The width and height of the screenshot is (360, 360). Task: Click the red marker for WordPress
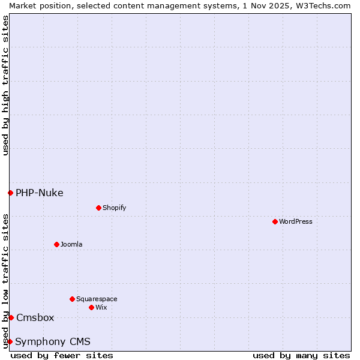click(x=275, y=221)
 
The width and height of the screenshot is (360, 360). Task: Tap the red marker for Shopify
click(x=98, y=208)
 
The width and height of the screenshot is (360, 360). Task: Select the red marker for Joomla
click(x=56, y=244)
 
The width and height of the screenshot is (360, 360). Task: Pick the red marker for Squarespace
click(x=72, y=299)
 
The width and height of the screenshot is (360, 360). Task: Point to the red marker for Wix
click(x=91, y=307)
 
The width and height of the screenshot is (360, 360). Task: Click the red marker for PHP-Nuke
click(x=10, y=193)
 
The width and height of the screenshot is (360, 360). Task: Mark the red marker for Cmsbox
click(x=11, y=317)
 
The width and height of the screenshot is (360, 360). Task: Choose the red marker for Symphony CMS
click(x=10, y=341)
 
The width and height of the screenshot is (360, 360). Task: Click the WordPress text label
click(x=296, y=221)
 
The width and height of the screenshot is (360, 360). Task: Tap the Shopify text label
click(x=115, y=208)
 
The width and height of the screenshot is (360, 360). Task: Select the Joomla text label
click(x=71, y=244)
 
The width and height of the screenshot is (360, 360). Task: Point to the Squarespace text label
click(x=97, y=299)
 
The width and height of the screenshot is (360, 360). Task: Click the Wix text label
click(x=101, y=307)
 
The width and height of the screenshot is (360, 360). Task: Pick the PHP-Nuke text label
click(x=40, y=193)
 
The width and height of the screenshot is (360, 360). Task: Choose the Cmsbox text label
click(x=35, y=317)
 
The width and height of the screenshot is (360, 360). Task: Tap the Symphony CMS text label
click(x=53, y=341)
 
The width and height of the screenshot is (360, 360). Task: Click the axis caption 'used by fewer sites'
click(x=62, y=355)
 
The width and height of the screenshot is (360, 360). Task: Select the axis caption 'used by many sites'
click(x=301, y=355)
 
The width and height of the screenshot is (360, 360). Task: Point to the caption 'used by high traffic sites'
click(x=5, y=85)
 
